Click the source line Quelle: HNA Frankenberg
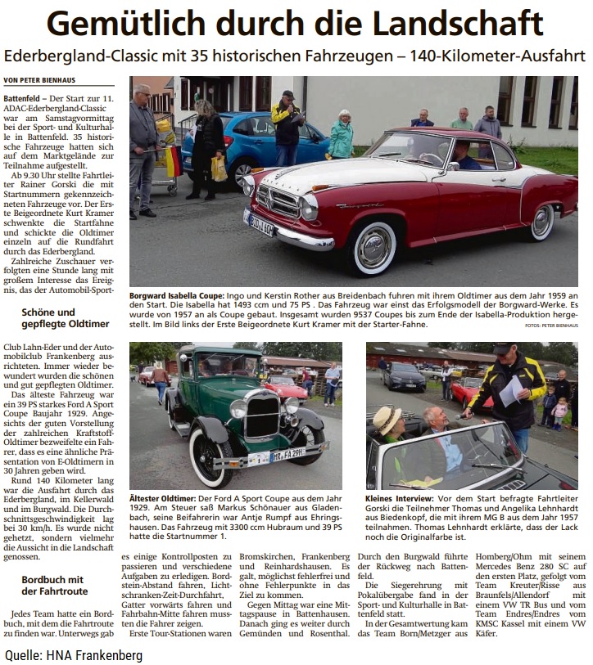tap(74, 654)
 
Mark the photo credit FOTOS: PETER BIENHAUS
tap(551, 326)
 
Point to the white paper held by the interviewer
tap(510, 391)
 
